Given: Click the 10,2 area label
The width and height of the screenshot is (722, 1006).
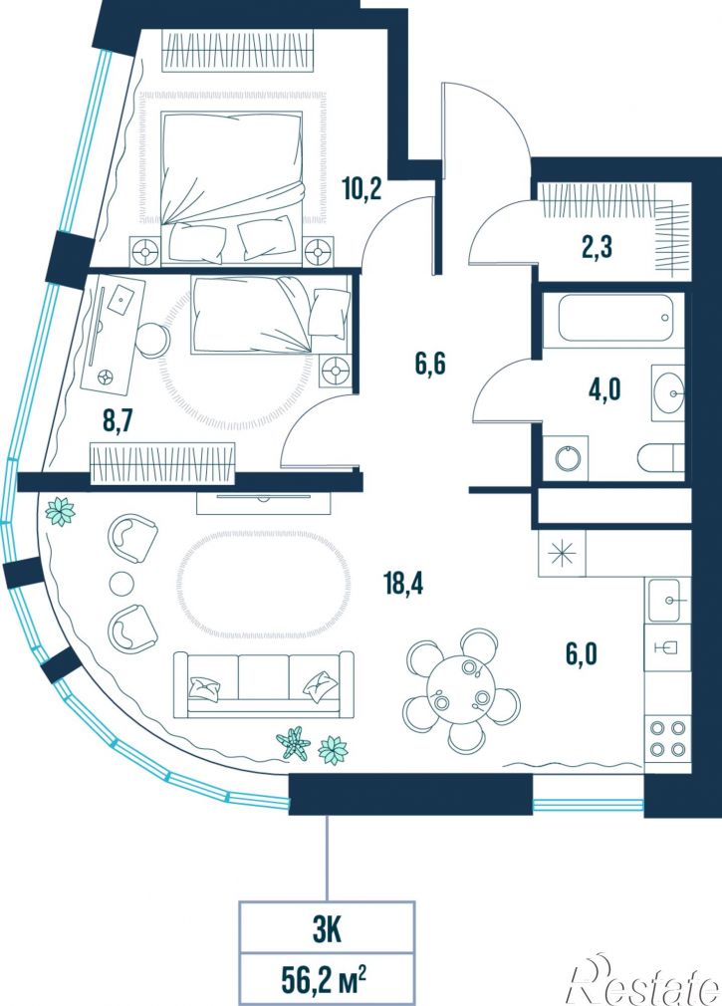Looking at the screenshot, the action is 361,189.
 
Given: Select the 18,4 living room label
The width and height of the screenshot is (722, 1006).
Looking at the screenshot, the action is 403,584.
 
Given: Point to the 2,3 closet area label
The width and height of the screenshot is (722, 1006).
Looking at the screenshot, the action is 597,246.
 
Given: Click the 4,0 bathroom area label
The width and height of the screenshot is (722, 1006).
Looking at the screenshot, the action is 604,389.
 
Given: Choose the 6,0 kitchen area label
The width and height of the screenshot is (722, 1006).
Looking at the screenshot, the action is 582,654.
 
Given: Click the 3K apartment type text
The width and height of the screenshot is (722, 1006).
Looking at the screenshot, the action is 327,931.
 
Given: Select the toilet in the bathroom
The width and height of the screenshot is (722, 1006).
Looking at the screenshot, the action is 661,458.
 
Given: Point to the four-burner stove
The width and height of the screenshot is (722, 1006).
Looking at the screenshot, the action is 668,738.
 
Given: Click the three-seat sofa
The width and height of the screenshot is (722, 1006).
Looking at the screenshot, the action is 264,684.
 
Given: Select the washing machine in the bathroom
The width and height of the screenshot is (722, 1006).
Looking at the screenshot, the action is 567,457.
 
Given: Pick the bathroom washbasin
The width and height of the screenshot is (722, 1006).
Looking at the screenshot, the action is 668,392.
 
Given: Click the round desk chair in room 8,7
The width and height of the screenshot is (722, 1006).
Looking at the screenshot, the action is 154,339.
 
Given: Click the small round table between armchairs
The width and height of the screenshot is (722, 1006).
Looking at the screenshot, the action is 122,584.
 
